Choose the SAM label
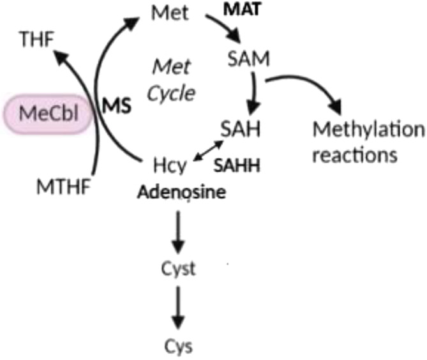pos(249,61)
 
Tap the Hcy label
pos(170,167)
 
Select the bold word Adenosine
pos(181,192)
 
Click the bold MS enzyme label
pos(117,107)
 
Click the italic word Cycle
pos(170,93)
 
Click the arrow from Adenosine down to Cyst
pos(179,230)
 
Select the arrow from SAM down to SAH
pos(255,93)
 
